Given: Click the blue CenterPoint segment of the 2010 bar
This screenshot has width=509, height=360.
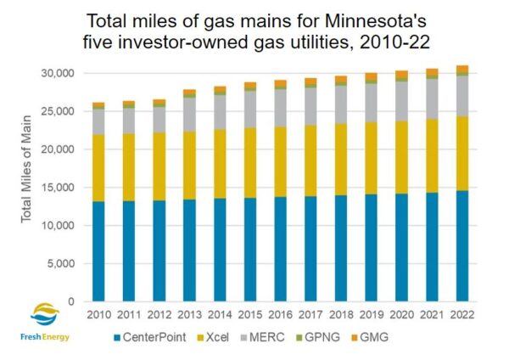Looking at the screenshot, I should (98, 251).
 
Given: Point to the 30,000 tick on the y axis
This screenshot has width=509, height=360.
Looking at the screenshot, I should (56, 73).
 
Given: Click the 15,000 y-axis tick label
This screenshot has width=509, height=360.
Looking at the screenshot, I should (56, 188).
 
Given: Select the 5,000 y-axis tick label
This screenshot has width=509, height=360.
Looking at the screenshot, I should (59, 263).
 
